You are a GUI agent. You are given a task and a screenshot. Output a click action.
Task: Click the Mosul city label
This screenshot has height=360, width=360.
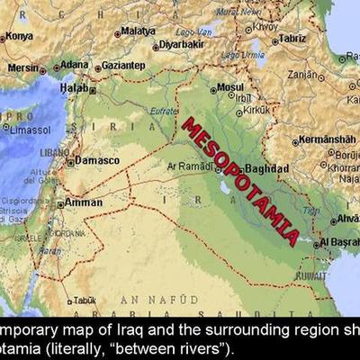click(230, 88)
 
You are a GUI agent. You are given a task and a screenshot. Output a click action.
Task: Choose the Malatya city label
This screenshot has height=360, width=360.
click(138, 31)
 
